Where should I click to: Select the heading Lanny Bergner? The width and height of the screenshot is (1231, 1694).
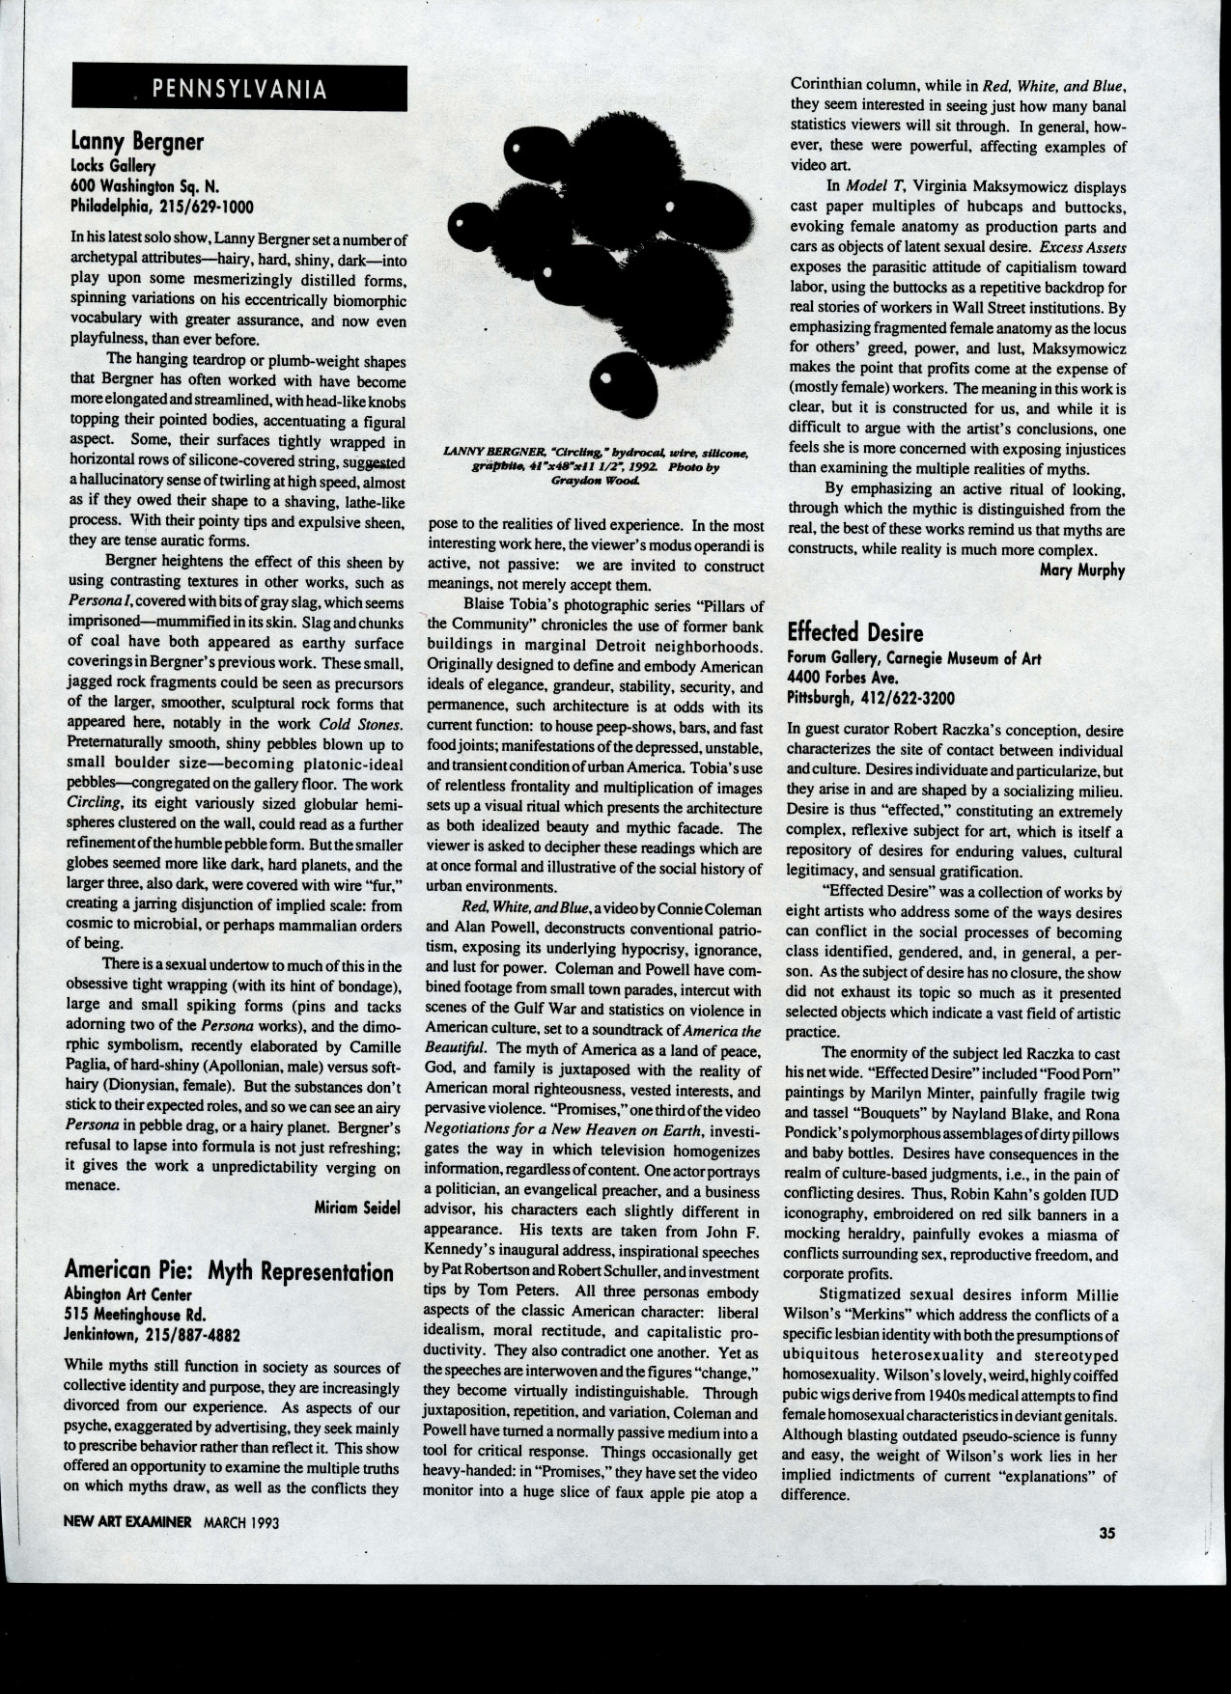point(136,142)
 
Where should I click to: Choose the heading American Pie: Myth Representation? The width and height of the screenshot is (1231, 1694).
point(228,1271)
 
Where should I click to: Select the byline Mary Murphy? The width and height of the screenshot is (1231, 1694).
point(1082,570)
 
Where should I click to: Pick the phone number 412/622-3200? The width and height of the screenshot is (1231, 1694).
point(910,696)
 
